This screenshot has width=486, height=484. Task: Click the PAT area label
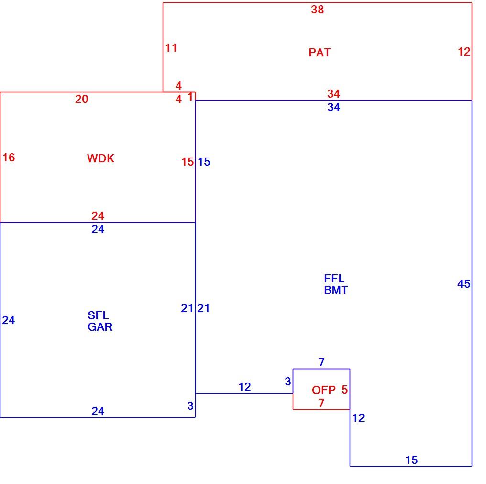pos(320,53)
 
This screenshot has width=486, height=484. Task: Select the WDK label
pos(101,158)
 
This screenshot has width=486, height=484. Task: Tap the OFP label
pos(323,390)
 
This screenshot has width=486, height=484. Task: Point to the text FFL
pos(334,279)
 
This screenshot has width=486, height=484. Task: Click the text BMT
pos(336,290)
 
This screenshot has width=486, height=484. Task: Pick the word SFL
pos(98,315)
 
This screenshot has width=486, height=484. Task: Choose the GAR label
pos(100,327)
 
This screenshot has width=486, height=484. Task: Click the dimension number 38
pos(318,10)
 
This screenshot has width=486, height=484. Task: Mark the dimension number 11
pos(171,48)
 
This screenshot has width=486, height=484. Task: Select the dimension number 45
pos(464,284)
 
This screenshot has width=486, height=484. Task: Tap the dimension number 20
pos(82,99)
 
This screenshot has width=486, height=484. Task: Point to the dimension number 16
pos(9,158)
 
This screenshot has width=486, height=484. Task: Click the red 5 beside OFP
pos(345,390)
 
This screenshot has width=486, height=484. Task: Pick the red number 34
pos(334,94)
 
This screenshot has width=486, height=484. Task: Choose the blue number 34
pos(334,107)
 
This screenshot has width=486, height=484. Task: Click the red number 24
pos(98,216)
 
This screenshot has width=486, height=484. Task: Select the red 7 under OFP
pos(321,403)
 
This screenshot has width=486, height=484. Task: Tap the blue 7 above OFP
pos(321,362)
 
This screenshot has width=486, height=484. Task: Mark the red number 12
pos(464,52)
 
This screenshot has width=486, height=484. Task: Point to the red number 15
pos(188,162)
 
